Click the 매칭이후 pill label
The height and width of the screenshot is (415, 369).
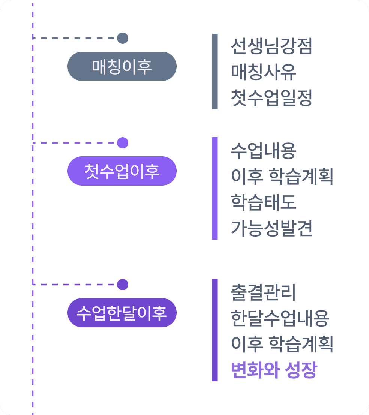pos(122,66)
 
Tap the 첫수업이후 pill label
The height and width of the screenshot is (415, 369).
pos(122,171)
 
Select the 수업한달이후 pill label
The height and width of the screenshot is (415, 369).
pos(122,313)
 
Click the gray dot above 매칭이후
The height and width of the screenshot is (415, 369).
pos(123,38)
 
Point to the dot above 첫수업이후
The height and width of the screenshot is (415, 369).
pos(123,143)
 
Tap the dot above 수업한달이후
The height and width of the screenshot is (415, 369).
pos(123,285)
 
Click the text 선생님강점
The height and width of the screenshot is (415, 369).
pos(271,46)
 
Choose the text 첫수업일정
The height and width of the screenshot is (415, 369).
pos(271,98)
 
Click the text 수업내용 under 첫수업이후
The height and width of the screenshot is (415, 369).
pos(264,151)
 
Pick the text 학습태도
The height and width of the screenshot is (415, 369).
pos(264,202)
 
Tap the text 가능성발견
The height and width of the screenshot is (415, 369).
pos(271,228)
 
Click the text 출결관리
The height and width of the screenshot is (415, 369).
pos(264,293)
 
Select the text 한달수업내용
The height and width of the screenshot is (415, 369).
pos(280,318)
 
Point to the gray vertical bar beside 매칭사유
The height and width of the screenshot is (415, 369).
pos(215,72)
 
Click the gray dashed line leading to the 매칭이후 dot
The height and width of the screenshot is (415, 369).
pos(75,38)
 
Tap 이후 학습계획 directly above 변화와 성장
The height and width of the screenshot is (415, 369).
pos(282,344)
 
